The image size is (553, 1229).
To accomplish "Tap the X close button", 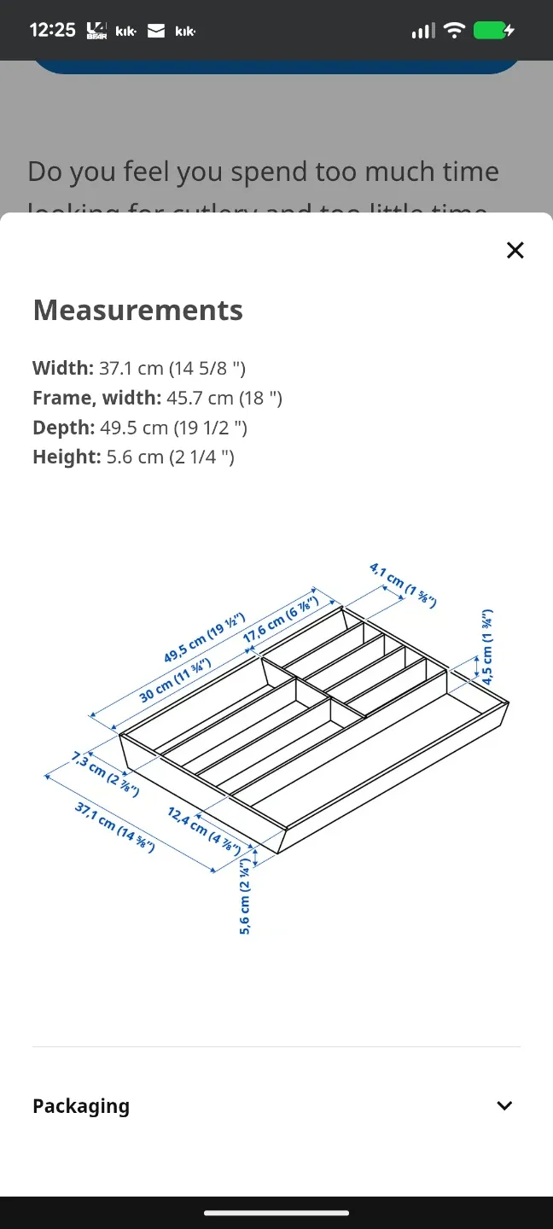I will (x=515, y=250).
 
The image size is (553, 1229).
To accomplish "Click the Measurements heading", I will (x=137, y=310).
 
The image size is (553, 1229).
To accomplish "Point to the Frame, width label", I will (x=96, y=398).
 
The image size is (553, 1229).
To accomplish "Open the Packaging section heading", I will (x=81, y=1106).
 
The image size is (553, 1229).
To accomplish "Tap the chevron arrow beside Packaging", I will (x=504, y=1106).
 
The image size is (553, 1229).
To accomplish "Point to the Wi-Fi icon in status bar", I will (x=454, y=31).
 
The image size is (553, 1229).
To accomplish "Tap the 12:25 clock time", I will (x=52, y=30).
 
